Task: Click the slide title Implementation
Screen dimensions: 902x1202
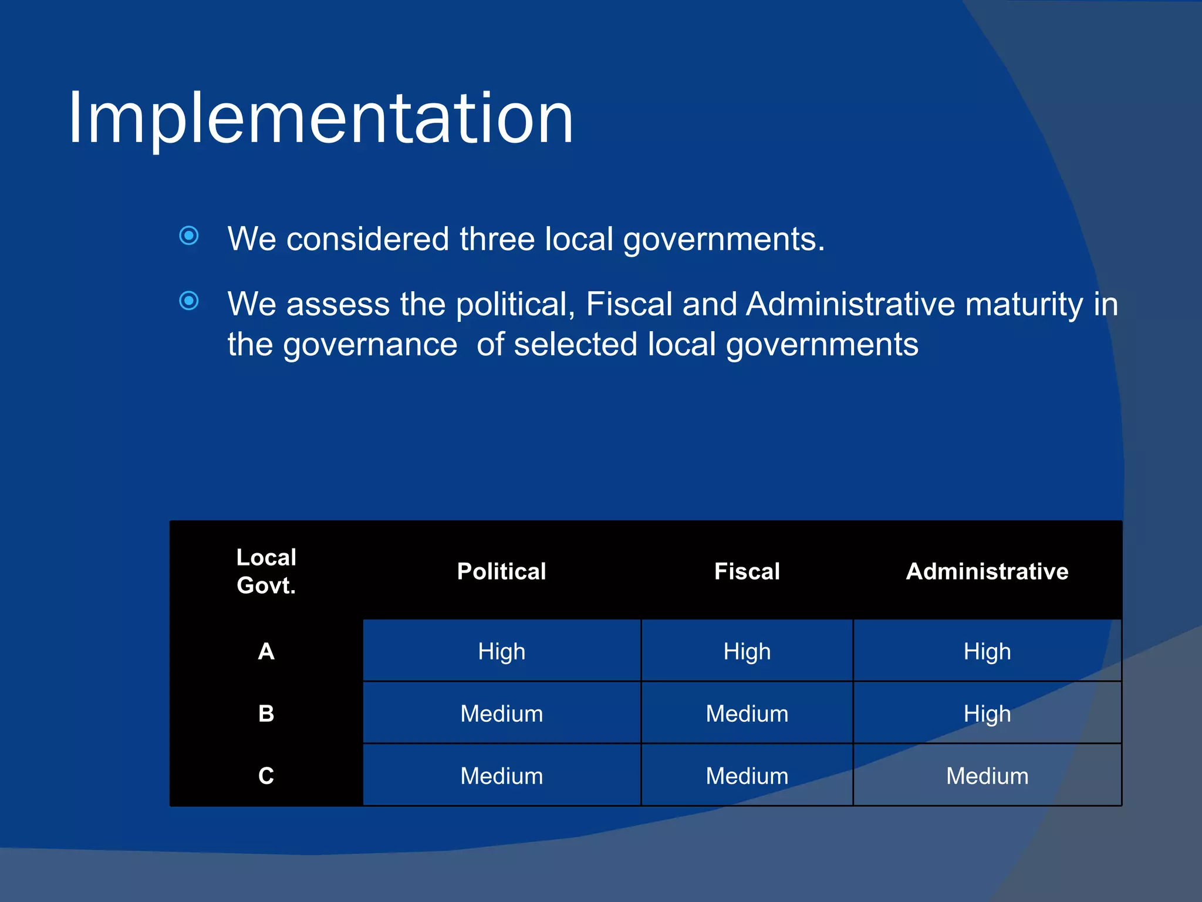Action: (x=320, y=119)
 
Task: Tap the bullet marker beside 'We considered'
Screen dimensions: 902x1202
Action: (x=189, y=236)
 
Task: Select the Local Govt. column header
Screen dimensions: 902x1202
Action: (x=266, y=571)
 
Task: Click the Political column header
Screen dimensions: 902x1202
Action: (x=501, y=571)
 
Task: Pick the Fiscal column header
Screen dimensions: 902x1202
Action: (x=747, y=571)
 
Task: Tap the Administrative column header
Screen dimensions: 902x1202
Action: (x=987, y=571)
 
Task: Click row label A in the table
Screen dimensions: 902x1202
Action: (x=266, y=651)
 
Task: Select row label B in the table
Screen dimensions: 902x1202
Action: (x=266, y=713)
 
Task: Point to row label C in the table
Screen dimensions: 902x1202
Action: (x=266, y=776)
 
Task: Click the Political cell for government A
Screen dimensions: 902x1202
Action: (x=501, y=651)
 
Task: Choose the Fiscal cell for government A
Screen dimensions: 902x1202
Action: (x=747, y=651)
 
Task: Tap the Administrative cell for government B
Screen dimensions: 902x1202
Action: (x=987, y=713)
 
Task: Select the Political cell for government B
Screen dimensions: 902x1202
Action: (x=501, y=713)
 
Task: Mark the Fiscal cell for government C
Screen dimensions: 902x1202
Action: (x=747, y=776)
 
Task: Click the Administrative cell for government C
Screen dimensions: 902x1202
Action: (x=987, y=776)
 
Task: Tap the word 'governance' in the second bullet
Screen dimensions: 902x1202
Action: (x=370, y=345)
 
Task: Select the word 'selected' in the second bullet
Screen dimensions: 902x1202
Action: (x=575, y=345)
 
